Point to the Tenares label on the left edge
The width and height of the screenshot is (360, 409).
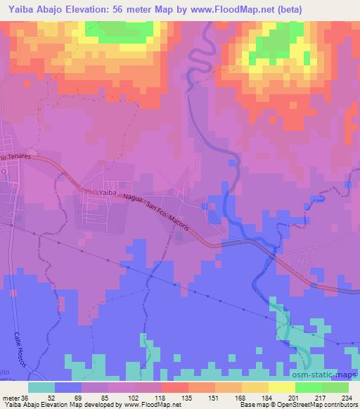(x=17, y=160)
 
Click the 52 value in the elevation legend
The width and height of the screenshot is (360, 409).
(x=50, y=397)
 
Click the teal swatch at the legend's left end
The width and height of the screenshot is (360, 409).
(x=41, y=387)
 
